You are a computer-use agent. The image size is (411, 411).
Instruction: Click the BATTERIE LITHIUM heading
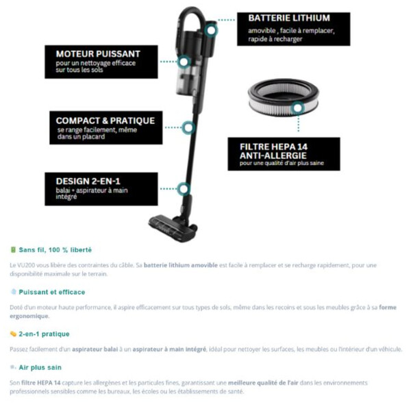pyautogui.click(x=288, y=18)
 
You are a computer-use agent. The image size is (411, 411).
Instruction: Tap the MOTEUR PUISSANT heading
pyautogui.click(x=98, y=53)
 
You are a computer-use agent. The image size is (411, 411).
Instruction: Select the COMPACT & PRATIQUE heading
pyautogui.click(x=105, y=121)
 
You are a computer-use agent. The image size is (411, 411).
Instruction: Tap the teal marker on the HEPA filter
pyautogui.click(x=296, y=108)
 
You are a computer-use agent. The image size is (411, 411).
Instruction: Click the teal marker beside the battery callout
pyautogui.click(x=211, y=29)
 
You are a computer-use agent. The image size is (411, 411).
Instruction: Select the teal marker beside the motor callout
pyautogui.click(x=183, y=62)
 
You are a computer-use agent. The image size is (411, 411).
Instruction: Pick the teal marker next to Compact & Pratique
pyautogui.click(x=188, y=127)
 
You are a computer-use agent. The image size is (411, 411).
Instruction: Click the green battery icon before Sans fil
pyautogui.click(x=13, y=250)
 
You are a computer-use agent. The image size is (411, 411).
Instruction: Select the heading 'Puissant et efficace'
pyautogui.click(x=52, y=292)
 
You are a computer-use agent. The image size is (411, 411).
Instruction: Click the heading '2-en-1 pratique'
pyautogui.click(x=44, y=334)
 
